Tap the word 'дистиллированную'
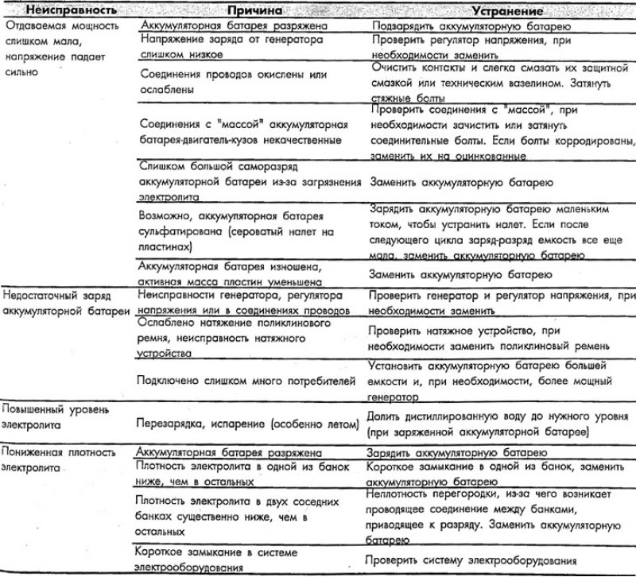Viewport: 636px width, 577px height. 461,416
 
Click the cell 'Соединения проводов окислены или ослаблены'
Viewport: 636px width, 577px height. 222,83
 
